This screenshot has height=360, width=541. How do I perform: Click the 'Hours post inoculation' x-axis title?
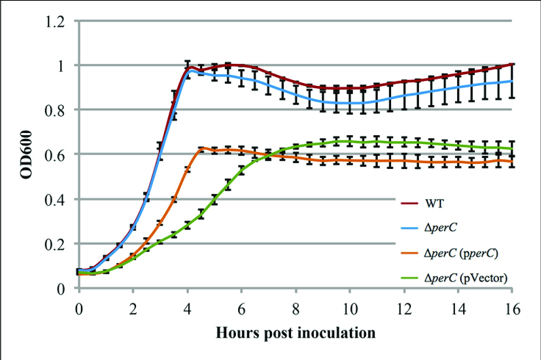295,333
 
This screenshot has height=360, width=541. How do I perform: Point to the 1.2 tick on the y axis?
58,21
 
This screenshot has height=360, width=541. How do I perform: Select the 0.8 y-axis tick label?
58,110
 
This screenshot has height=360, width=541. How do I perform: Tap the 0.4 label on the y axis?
58,199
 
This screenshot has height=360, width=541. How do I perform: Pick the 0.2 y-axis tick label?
58,244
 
